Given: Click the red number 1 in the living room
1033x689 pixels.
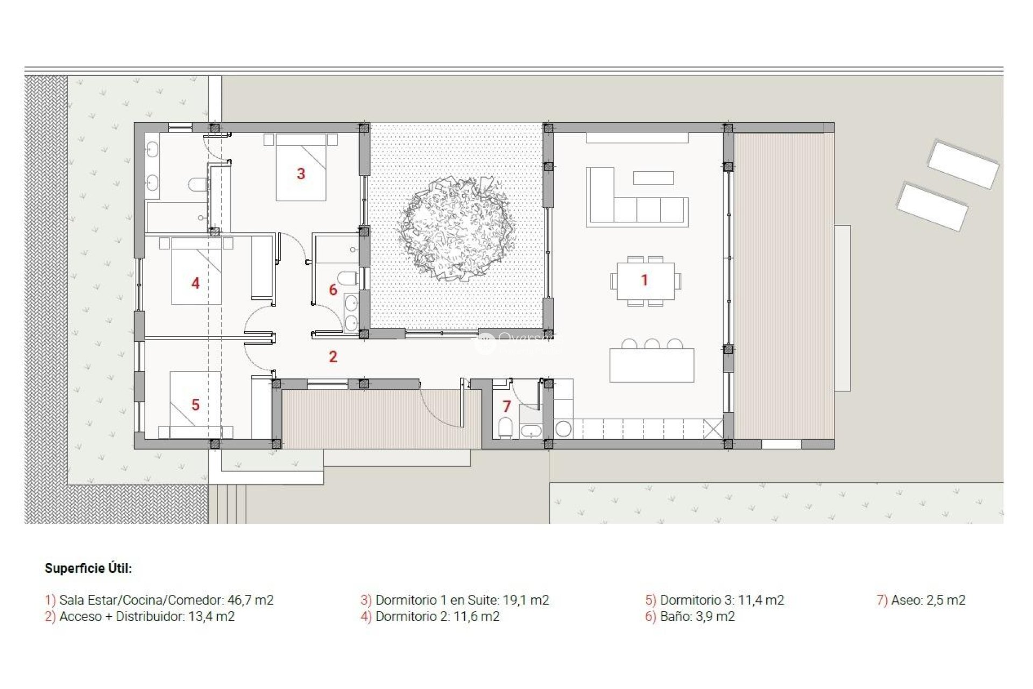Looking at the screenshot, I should tap(645, 280).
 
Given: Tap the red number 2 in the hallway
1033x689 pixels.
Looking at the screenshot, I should tap(333, 356).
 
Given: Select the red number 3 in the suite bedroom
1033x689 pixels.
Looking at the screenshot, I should tap(301, 174).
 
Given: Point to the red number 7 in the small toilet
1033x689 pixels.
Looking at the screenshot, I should tap(506, 406).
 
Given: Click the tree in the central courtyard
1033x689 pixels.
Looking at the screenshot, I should tap(456, 228).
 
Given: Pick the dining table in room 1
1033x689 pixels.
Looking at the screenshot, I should tap(646, 280).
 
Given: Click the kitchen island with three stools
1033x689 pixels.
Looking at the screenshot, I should tap(652, 365).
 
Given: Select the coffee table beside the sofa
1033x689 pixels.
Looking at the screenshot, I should tap(653, 178).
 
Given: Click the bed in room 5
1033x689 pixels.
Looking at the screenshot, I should tap(195, 404).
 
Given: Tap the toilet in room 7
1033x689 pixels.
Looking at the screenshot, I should tap(505, 428).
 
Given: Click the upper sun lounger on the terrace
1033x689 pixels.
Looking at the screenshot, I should tap(963, 164).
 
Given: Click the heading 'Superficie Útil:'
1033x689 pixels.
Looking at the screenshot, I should tap(88, 568).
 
